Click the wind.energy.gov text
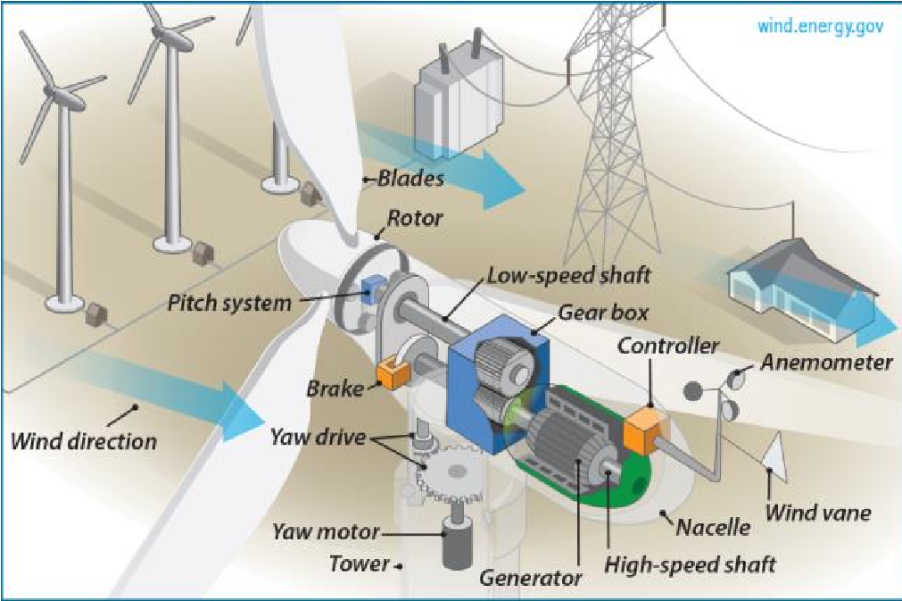(x=820, y=26)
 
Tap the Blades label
(x=410, y=179)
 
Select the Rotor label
(x=415, y=218)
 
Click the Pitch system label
(x=229, y=304)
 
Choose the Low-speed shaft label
(x=569, y=276)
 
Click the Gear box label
(x=603, y=313)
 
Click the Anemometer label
(x=826, y=362)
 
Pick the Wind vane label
(x=817, y=513)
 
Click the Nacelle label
(x=713, y=527)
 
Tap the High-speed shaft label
(x=690, y=564)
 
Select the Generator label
(x=530, y=577)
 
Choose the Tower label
(x=360, y=563)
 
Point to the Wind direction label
(x=84, y=441)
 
